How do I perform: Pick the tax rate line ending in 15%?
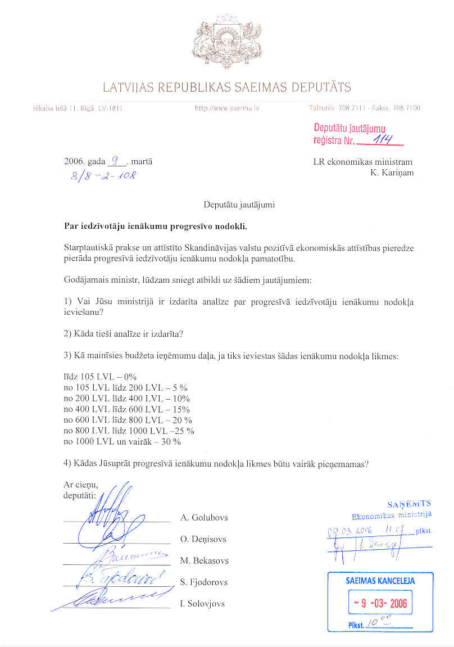point(126,409)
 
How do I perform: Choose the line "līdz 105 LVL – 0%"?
point(100,376)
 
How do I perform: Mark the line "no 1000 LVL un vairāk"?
point(122,442)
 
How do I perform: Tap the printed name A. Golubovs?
point(204,518)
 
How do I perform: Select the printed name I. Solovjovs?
point(202,604)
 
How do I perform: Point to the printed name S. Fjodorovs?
point(203,582)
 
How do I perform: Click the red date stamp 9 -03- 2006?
point(380,604)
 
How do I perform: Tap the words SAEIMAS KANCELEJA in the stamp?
point(380,581)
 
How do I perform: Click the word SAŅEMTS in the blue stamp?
point(408,504)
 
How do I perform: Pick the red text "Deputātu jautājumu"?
point(349,128)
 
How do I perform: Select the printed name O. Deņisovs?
point(203,540)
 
